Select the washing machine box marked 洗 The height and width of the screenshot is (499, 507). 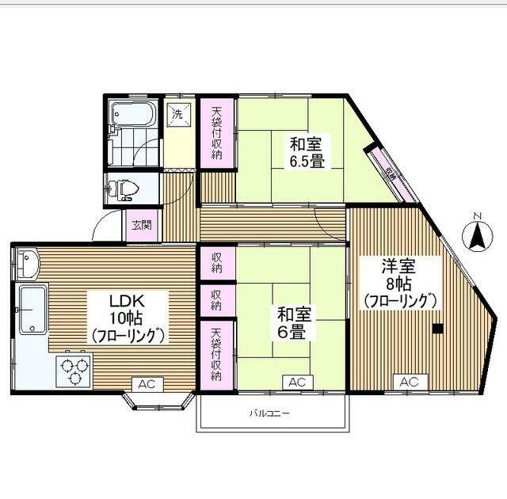click(x=177, y=112)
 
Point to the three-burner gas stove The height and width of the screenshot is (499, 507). click(x=73, y=371)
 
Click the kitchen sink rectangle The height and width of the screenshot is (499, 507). click(x=32, y=310)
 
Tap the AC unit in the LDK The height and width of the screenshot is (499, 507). click(x=147, y=383)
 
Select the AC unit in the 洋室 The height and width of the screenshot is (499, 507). click(x=408, y=383)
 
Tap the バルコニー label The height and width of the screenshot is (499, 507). click(x=269, y=413)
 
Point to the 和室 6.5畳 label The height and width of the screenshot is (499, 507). click(x=306, y=153)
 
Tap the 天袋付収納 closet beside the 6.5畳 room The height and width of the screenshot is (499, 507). click(x=217, y=131)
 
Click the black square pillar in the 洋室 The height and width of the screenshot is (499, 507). click(x=436, y=329)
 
